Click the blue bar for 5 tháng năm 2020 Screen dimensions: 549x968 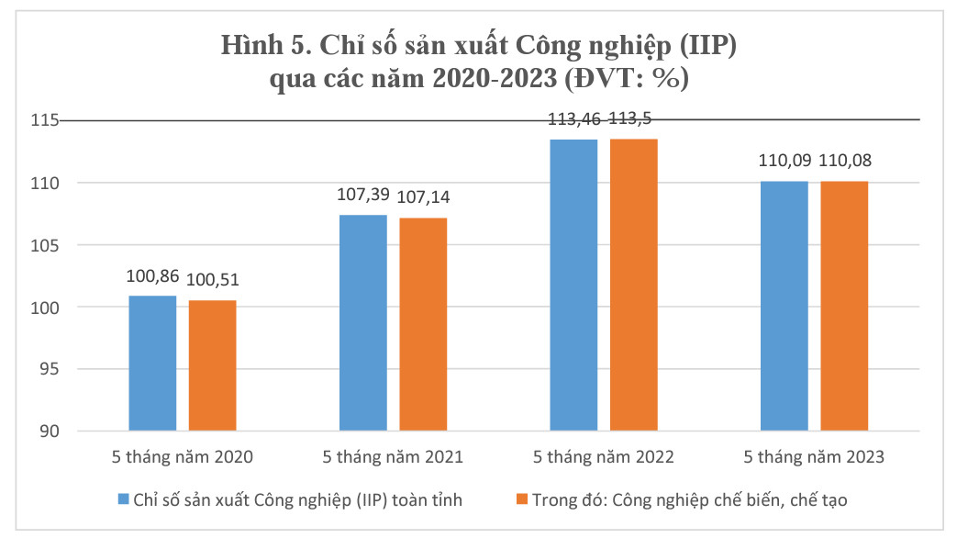click(152, 364)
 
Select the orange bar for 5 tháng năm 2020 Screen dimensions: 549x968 click(212, 365)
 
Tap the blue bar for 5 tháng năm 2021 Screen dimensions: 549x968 click(363, 323)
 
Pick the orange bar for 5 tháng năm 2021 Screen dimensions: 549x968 click(423, 325)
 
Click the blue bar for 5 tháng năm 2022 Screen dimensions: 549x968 click(573, 285)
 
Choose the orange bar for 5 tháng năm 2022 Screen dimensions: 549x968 click(634, 285)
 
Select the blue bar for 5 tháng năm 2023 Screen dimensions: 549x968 click(784, 306)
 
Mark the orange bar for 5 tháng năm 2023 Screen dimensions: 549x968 click(844, 306)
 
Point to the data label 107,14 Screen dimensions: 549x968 click(424, 198)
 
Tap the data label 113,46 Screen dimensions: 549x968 click(573, 118)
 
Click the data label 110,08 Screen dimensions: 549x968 click(844, 162)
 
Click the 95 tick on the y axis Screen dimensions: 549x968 click(47, 369)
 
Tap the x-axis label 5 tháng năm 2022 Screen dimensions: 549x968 click(604, 456)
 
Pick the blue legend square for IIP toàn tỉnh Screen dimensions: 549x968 click(124, 499)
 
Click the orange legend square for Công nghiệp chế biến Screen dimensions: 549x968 click(522, 499)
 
